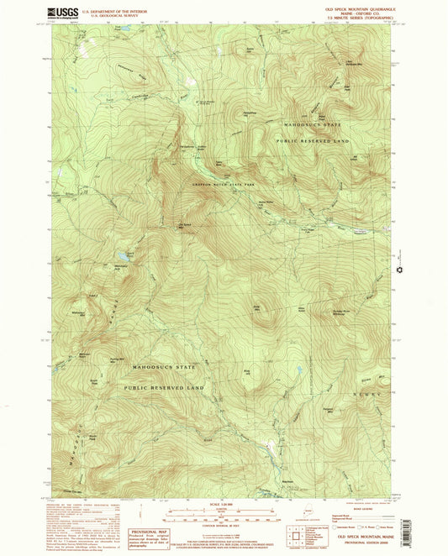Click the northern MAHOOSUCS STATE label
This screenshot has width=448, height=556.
coord(314,124)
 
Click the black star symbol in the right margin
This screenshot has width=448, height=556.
coord(400,270)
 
